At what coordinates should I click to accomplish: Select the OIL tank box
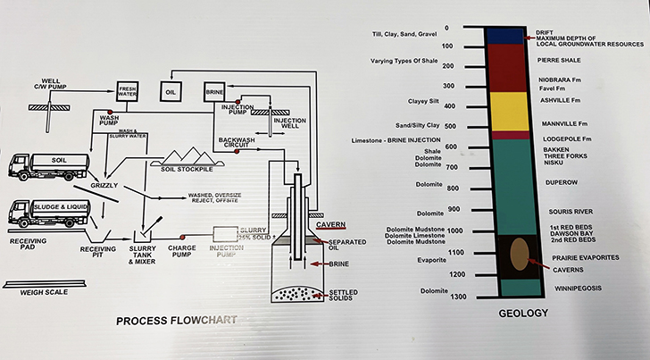(x=171, y=90)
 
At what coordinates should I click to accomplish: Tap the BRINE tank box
(x=214, y=90)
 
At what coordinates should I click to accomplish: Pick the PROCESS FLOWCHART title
(x=172, y=320)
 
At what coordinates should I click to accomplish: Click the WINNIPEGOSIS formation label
(x=568, y=288)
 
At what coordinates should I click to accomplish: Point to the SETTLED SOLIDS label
(x=344, y=296)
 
